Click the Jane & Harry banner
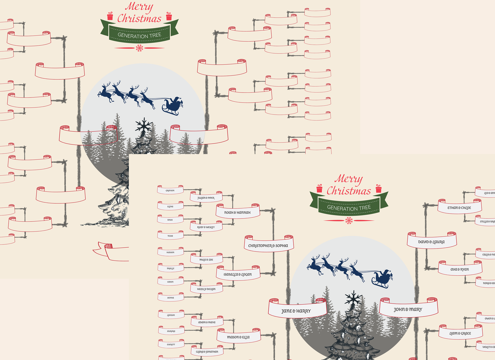[296, 311]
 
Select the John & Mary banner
[408, 309]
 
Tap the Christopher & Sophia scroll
[268, 246]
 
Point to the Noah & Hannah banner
[237, 212]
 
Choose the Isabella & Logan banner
[238, 274]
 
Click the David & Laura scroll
[431, 242]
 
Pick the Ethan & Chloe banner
[459, 208]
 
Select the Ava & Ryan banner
[460, 269]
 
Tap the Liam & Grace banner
[460, 333]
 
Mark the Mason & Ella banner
[238, 337]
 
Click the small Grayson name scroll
[170, 190]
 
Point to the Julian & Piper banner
[206, 198]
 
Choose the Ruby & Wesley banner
[206, 227]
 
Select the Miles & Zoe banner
[206, 260]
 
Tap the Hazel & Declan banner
[206, 289]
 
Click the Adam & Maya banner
[207, 322]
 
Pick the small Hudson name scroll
[171, 252]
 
